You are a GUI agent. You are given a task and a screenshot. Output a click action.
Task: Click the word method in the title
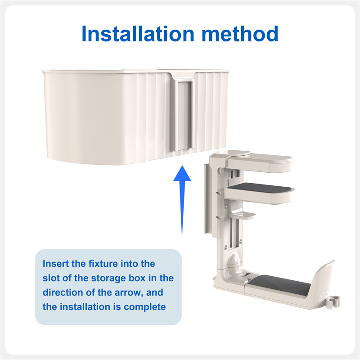[240, 34]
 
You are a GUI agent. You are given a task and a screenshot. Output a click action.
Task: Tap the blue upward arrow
[182, 199]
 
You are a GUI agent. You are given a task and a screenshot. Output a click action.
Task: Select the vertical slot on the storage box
[184, 115]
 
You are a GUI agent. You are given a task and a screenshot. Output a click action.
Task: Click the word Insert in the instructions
[56, 264]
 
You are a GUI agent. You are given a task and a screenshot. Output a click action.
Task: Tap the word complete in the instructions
[144, 307]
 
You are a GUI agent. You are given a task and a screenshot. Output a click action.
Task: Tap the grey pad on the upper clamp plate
[260, 188]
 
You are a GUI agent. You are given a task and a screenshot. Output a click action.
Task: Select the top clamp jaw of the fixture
[260, 162]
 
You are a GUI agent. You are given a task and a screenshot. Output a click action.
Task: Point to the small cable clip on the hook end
[333, 301]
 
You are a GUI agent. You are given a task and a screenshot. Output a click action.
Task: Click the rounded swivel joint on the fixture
[234, 261]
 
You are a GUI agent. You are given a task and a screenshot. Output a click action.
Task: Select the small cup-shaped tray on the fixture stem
[243, 215]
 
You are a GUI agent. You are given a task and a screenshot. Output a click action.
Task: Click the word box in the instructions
[137, 278]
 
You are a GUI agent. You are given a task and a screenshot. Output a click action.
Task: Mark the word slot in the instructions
[51, 278]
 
